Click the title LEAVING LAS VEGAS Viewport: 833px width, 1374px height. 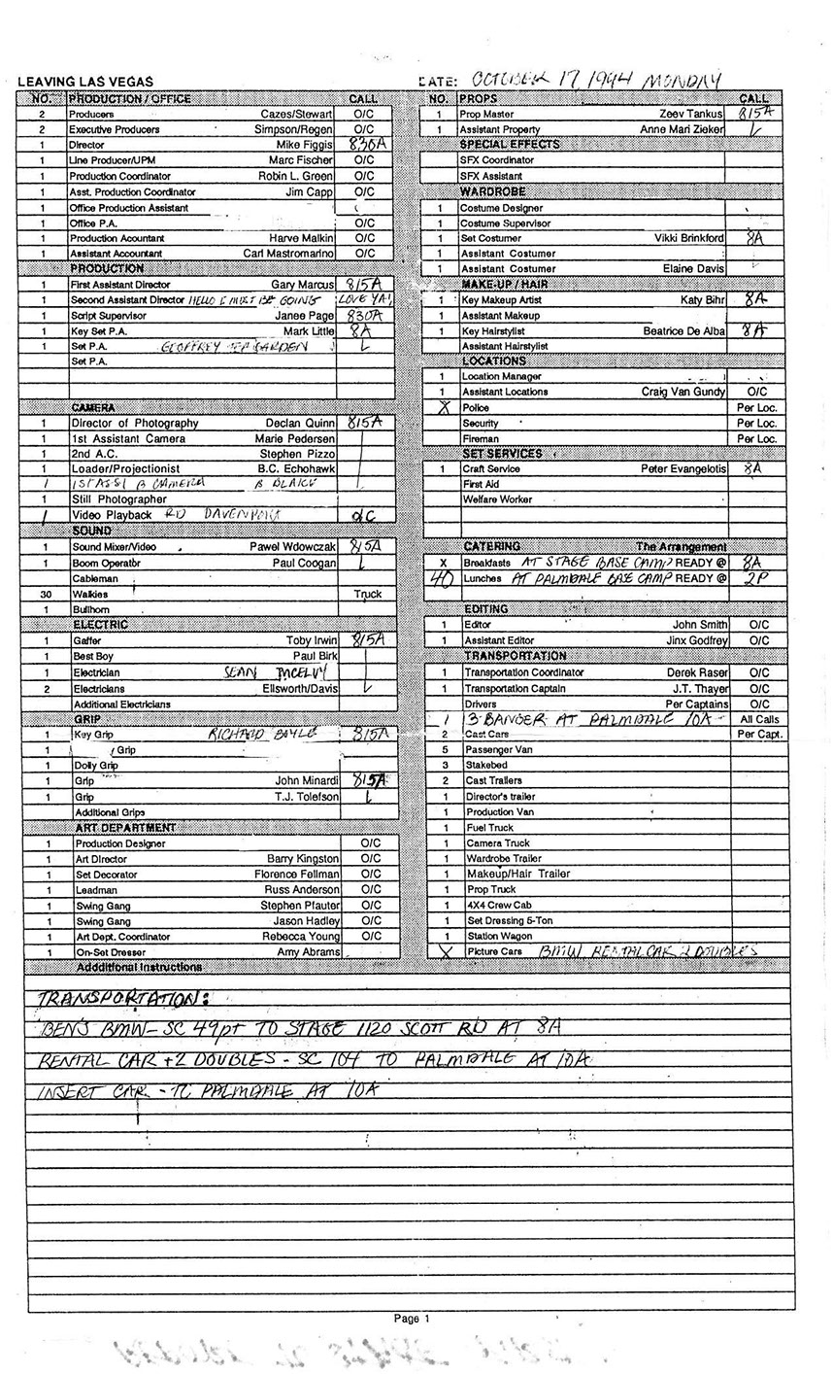click(x=85, y=83)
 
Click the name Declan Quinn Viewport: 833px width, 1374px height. click(x=299, y=423)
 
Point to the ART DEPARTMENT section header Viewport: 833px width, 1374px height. click(x=126, y=827)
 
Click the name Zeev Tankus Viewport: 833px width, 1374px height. click(x=691, y=114)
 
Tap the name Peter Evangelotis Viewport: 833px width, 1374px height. click(x=683, y=468)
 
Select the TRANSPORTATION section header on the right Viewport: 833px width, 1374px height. click(x=528, y=656)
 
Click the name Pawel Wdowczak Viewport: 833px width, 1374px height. click(x=290, y=547)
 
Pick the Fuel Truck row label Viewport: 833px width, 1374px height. click(x=489, y=827)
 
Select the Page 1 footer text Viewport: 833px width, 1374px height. click(x=411, y=1319)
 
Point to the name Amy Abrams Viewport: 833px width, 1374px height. click(x=308, y=952)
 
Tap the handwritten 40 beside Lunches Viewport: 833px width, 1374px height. click(x=441, y=578)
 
